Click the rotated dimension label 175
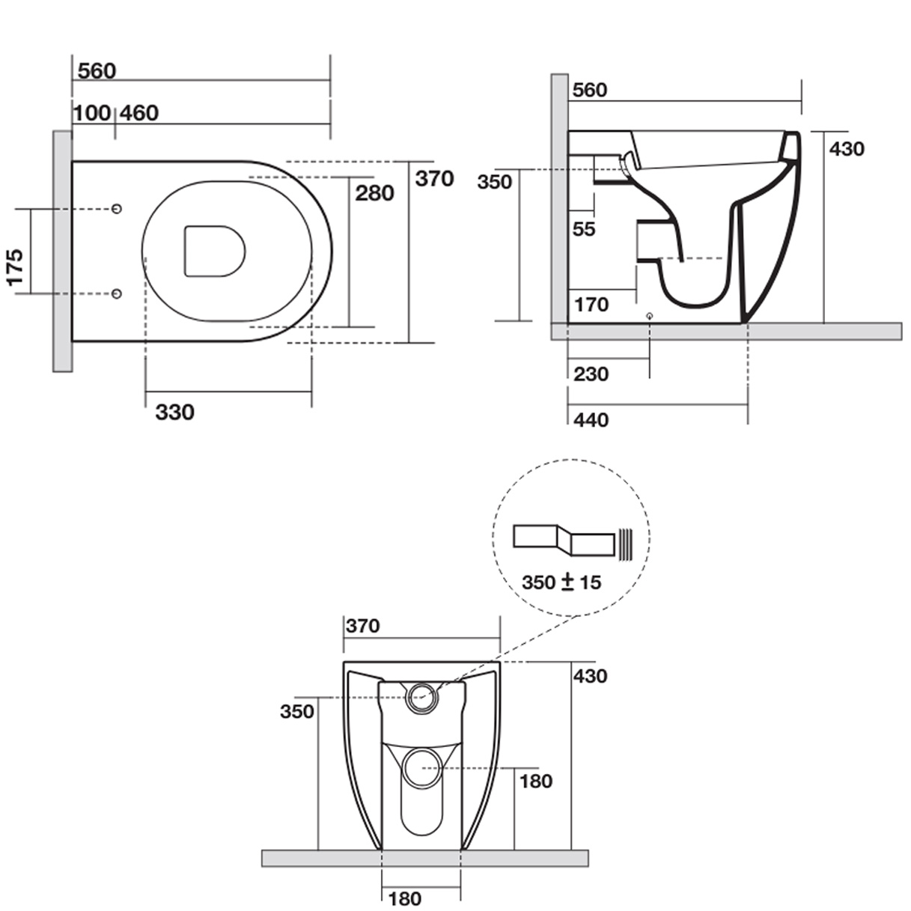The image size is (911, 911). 15,266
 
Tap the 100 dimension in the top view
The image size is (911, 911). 92,113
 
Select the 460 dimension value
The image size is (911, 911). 139,113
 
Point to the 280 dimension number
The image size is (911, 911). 374,193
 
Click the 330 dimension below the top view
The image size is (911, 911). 174,412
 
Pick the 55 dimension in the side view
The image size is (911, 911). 584,229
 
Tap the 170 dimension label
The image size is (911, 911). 591,305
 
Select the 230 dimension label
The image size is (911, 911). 591,374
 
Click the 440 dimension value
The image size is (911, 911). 591,420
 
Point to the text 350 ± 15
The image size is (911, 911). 561,582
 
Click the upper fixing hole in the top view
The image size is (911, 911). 117,208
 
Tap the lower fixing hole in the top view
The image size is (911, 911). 117,293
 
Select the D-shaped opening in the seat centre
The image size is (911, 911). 214,251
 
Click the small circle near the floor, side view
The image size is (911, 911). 649,316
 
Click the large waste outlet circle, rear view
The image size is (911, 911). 423,769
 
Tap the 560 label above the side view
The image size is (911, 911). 589,91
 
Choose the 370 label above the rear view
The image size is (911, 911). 363,626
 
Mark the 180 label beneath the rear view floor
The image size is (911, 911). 405,898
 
